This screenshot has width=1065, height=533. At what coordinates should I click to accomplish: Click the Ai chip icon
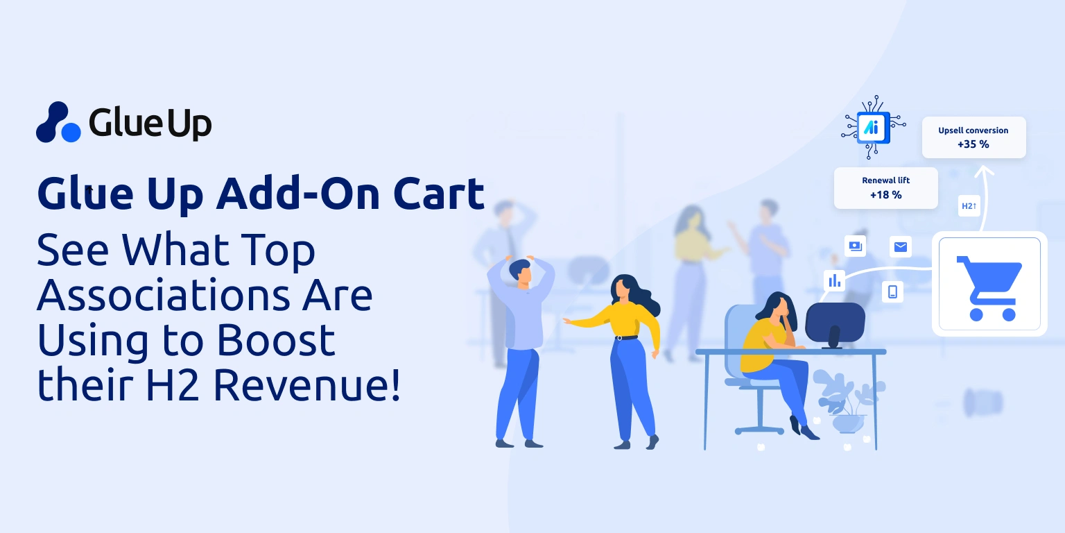874,127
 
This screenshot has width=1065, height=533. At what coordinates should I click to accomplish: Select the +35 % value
973,144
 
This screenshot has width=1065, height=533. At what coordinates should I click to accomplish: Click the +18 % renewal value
885,194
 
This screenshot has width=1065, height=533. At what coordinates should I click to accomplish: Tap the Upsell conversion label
973,130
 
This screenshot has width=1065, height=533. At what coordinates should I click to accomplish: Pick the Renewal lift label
885,180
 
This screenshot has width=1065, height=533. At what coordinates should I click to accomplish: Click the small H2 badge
969,206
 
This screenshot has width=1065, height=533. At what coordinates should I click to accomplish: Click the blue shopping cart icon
989,288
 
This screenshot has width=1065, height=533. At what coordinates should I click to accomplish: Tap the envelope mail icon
901,247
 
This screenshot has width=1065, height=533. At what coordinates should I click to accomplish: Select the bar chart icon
834,280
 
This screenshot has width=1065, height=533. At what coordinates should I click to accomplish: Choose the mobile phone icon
892,291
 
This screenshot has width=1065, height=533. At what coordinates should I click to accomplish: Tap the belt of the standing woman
626,338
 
